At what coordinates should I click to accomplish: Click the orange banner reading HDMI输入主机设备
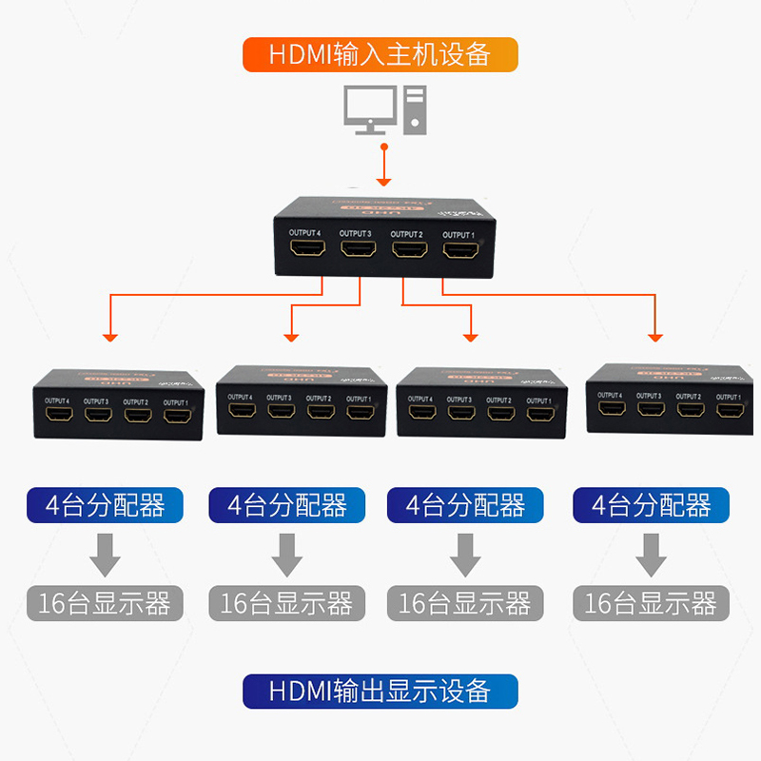[x=380, y=54]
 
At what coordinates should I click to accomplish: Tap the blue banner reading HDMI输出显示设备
[x=380, y=691]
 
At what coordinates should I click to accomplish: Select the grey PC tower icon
[x=415, y=107]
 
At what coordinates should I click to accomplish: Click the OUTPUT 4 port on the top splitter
[x=307, y=251]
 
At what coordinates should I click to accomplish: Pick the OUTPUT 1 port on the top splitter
[x=460, y=252]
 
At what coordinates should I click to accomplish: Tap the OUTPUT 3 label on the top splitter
[x=356, y=234]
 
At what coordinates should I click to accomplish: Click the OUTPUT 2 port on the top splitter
[x=409, y=252]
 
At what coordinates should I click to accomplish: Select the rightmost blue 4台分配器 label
[x=651, y=504]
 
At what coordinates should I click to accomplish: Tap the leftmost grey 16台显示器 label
[x=105, y=603]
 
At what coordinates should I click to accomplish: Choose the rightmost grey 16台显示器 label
[x=651, y=603]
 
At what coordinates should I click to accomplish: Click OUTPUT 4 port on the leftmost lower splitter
[x=58, y=417]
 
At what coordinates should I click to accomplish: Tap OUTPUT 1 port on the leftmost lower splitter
[x=175, y=417]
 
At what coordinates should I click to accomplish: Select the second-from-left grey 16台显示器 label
[x=286, y=603]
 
